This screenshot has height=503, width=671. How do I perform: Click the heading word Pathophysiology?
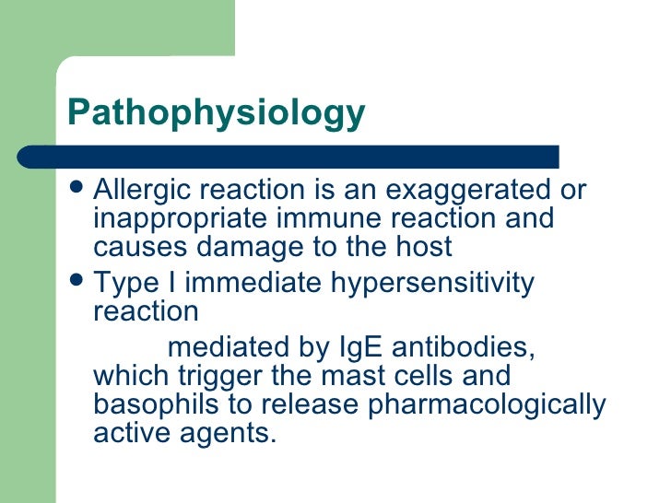217,114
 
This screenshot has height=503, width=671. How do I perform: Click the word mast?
352,377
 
